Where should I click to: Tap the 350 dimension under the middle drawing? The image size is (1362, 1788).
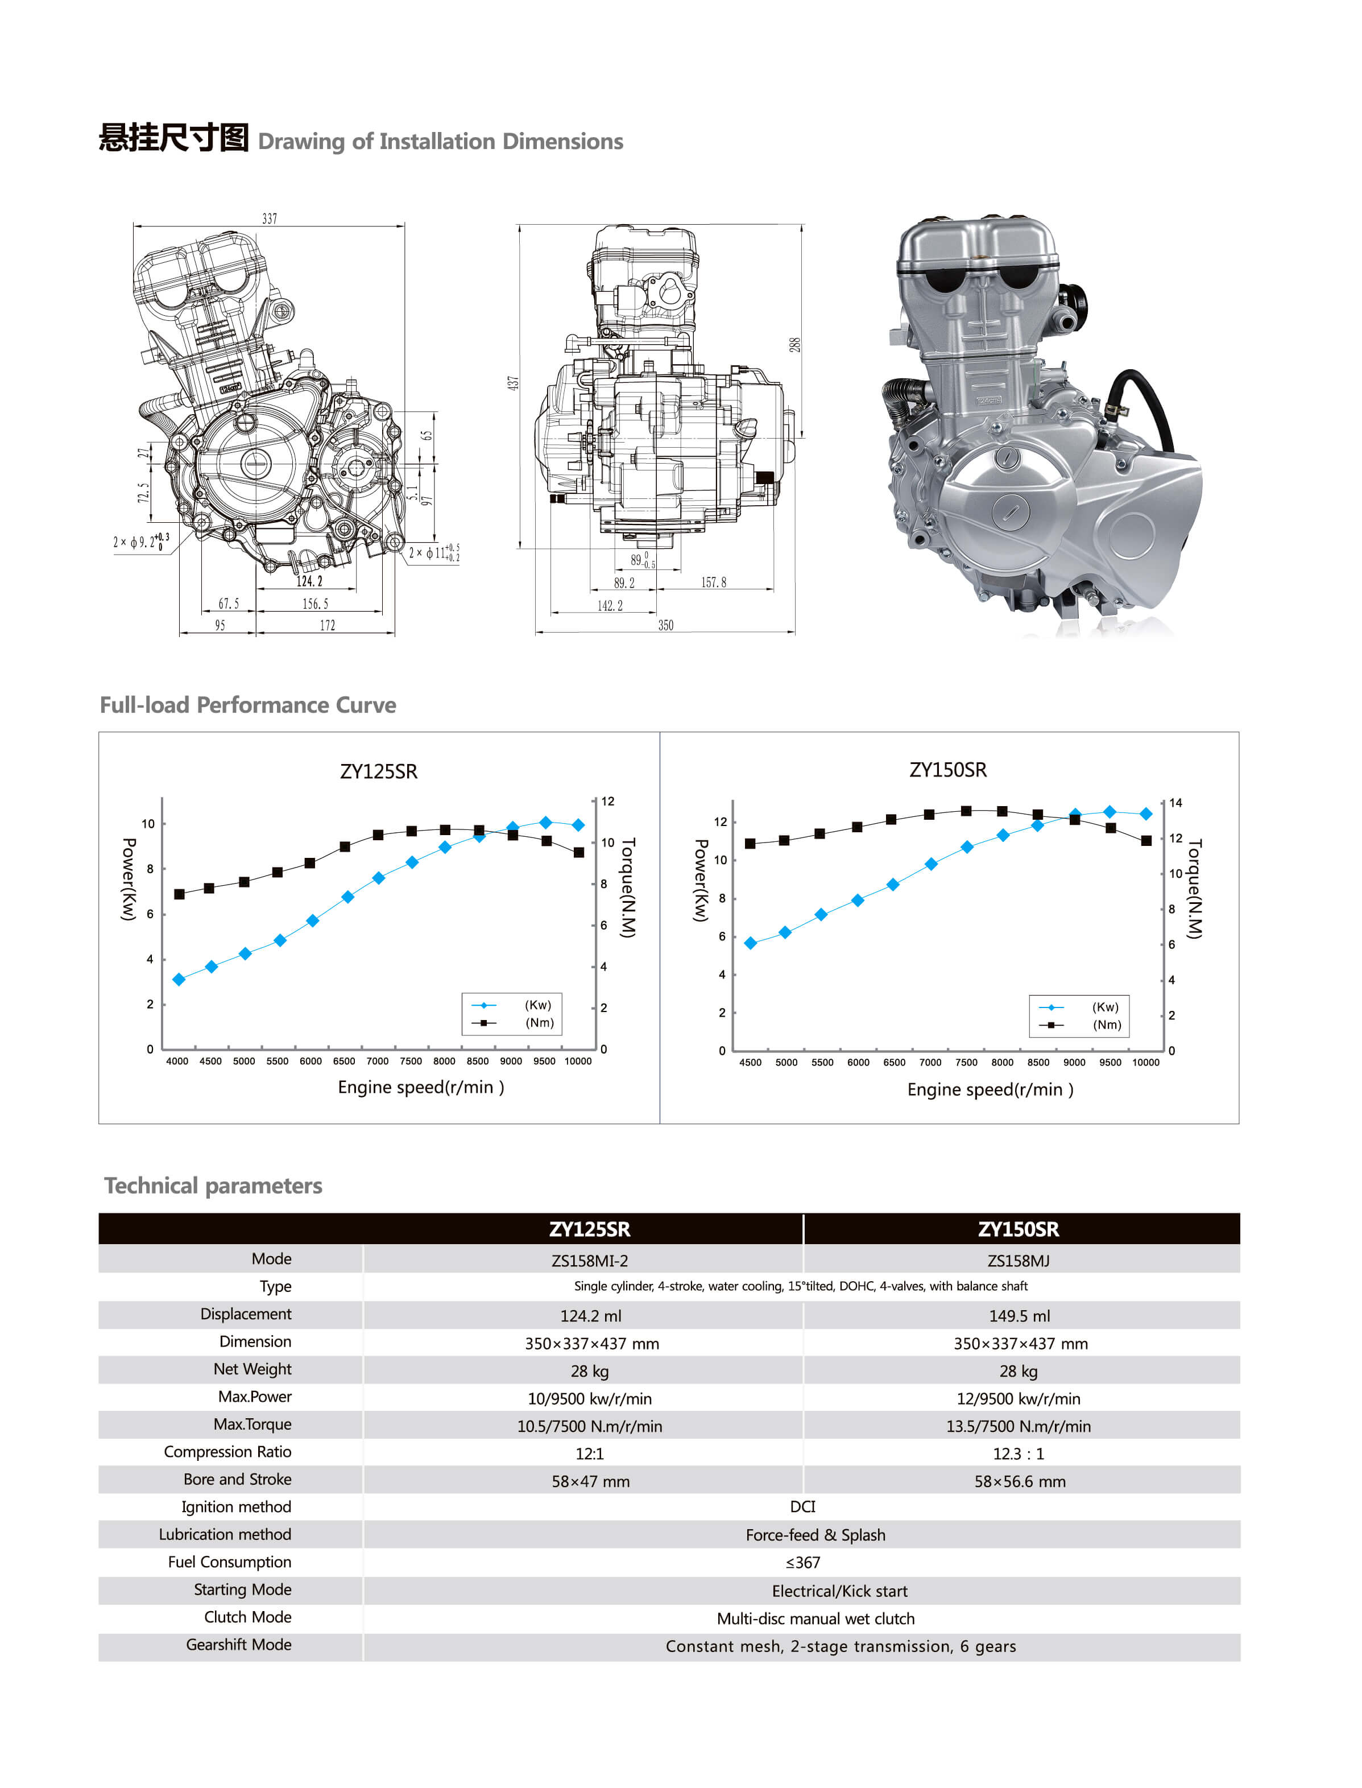[x=665, y=625]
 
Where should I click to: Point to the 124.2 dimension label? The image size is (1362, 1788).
[x=309, y=581]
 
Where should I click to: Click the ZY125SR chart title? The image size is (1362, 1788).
[x=379, y=771]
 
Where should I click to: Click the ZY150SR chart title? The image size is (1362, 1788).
[x=948, y=770]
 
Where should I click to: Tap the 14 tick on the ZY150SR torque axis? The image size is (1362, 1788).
[x=1175, y=803]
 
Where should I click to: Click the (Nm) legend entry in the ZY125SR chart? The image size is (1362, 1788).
[x=539, y=1022]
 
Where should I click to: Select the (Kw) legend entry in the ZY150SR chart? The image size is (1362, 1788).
[x=1105, y=1007]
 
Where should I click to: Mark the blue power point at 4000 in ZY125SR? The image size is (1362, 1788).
[x=179, y=980]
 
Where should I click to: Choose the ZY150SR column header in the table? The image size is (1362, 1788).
[x=1019, y=1229]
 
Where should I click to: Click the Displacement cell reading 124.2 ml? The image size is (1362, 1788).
[x=590, y=1316]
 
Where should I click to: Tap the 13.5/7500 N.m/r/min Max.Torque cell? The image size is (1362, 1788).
[x=1019, y=1426]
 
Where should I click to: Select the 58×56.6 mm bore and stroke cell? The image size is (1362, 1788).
[x=1019, y=1481]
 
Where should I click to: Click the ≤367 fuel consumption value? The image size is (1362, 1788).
[x=802, y=1563]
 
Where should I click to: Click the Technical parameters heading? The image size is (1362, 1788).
[x=213, y=1186]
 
